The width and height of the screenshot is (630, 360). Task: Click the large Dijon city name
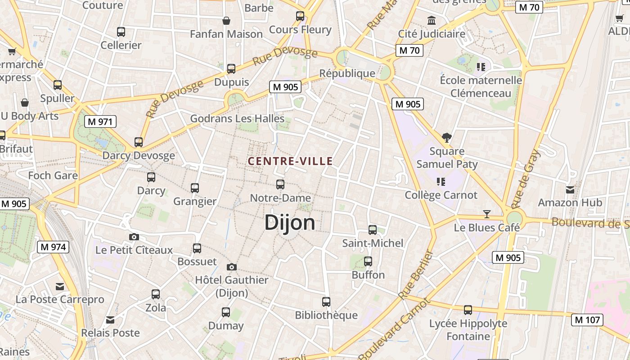[290, 222]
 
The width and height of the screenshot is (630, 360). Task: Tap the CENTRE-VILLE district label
[290, 161]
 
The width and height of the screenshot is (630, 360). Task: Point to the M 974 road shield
[53, 247]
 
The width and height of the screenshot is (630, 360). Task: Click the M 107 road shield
[587, 320]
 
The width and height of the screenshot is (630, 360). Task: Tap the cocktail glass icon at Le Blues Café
[486, 214]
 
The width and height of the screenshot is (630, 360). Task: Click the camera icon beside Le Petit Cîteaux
[134, 237]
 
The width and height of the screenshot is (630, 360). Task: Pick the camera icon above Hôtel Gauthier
[232, 267]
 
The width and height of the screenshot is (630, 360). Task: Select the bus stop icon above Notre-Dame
[280, 184]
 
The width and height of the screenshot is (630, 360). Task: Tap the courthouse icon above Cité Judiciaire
[432, 20]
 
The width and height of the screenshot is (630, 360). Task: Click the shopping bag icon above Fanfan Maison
[226, 21]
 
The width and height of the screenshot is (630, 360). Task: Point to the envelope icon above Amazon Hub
[570, 189]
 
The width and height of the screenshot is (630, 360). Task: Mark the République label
[347, 73]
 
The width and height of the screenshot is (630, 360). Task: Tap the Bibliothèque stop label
[326, 315]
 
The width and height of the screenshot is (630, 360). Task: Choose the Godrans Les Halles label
[237, 119]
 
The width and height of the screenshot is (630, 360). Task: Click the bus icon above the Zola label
[156, 294]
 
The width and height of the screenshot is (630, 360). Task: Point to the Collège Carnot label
[441, 195]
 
